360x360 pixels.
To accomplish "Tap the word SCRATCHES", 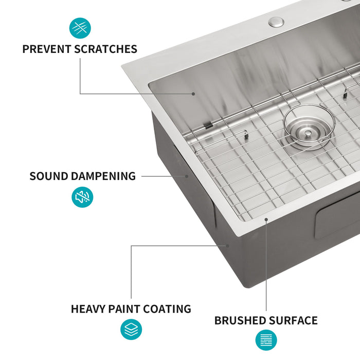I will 106,49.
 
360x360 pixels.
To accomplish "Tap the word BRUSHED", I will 240,321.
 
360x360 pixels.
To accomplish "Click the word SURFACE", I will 293,321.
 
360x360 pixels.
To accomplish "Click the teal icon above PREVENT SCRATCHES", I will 80,28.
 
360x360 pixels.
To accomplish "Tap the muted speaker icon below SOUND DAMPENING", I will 82,197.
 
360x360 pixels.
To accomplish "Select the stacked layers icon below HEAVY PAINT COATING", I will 131,330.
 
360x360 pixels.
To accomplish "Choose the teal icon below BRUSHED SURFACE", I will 266,340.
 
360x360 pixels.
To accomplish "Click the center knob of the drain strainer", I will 308,133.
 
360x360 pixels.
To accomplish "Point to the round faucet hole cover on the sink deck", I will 277,22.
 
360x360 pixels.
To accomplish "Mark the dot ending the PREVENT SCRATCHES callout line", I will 193,94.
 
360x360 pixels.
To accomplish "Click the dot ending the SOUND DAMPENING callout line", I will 187,176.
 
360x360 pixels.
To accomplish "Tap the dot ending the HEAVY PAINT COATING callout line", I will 227,245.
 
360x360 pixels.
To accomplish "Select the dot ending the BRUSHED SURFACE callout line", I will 266,220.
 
